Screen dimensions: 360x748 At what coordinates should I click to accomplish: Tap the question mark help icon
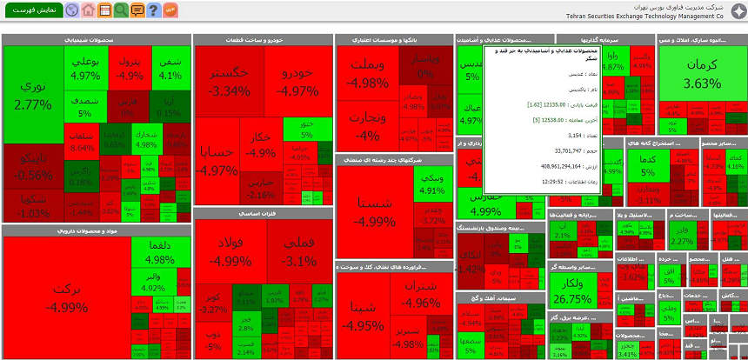point(154,10)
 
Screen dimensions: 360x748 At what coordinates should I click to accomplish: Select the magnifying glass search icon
point(121,10)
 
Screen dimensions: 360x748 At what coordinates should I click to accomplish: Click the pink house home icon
point(88,10)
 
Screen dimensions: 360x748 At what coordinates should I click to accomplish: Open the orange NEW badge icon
point(170,10)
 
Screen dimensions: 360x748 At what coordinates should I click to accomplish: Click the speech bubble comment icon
point(137,10)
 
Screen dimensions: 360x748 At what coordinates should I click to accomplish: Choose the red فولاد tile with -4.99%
point(230,252)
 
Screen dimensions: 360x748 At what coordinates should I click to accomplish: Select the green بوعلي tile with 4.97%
point(85,68)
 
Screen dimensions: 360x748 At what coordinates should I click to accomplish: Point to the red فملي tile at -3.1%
point(299,252)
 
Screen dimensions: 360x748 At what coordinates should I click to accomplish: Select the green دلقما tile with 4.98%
point(160,251)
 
